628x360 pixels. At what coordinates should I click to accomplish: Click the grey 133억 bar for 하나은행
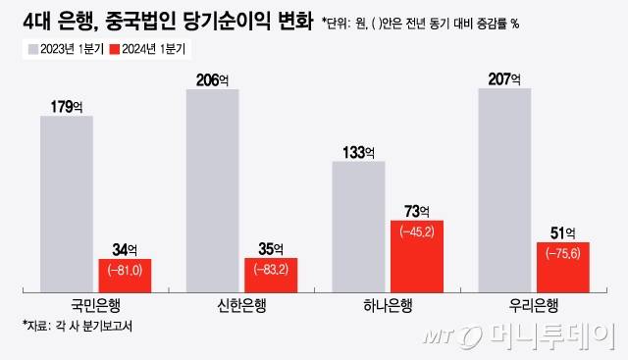(x=359, y=226)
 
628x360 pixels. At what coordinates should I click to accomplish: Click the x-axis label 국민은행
(x=96, y=304)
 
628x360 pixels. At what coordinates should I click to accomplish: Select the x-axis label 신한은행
(x=240, y=304)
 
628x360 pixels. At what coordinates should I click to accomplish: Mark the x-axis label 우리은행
(x=533, y=304)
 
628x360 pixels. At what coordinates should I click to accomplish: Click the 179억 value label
(x=67, y=106)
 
